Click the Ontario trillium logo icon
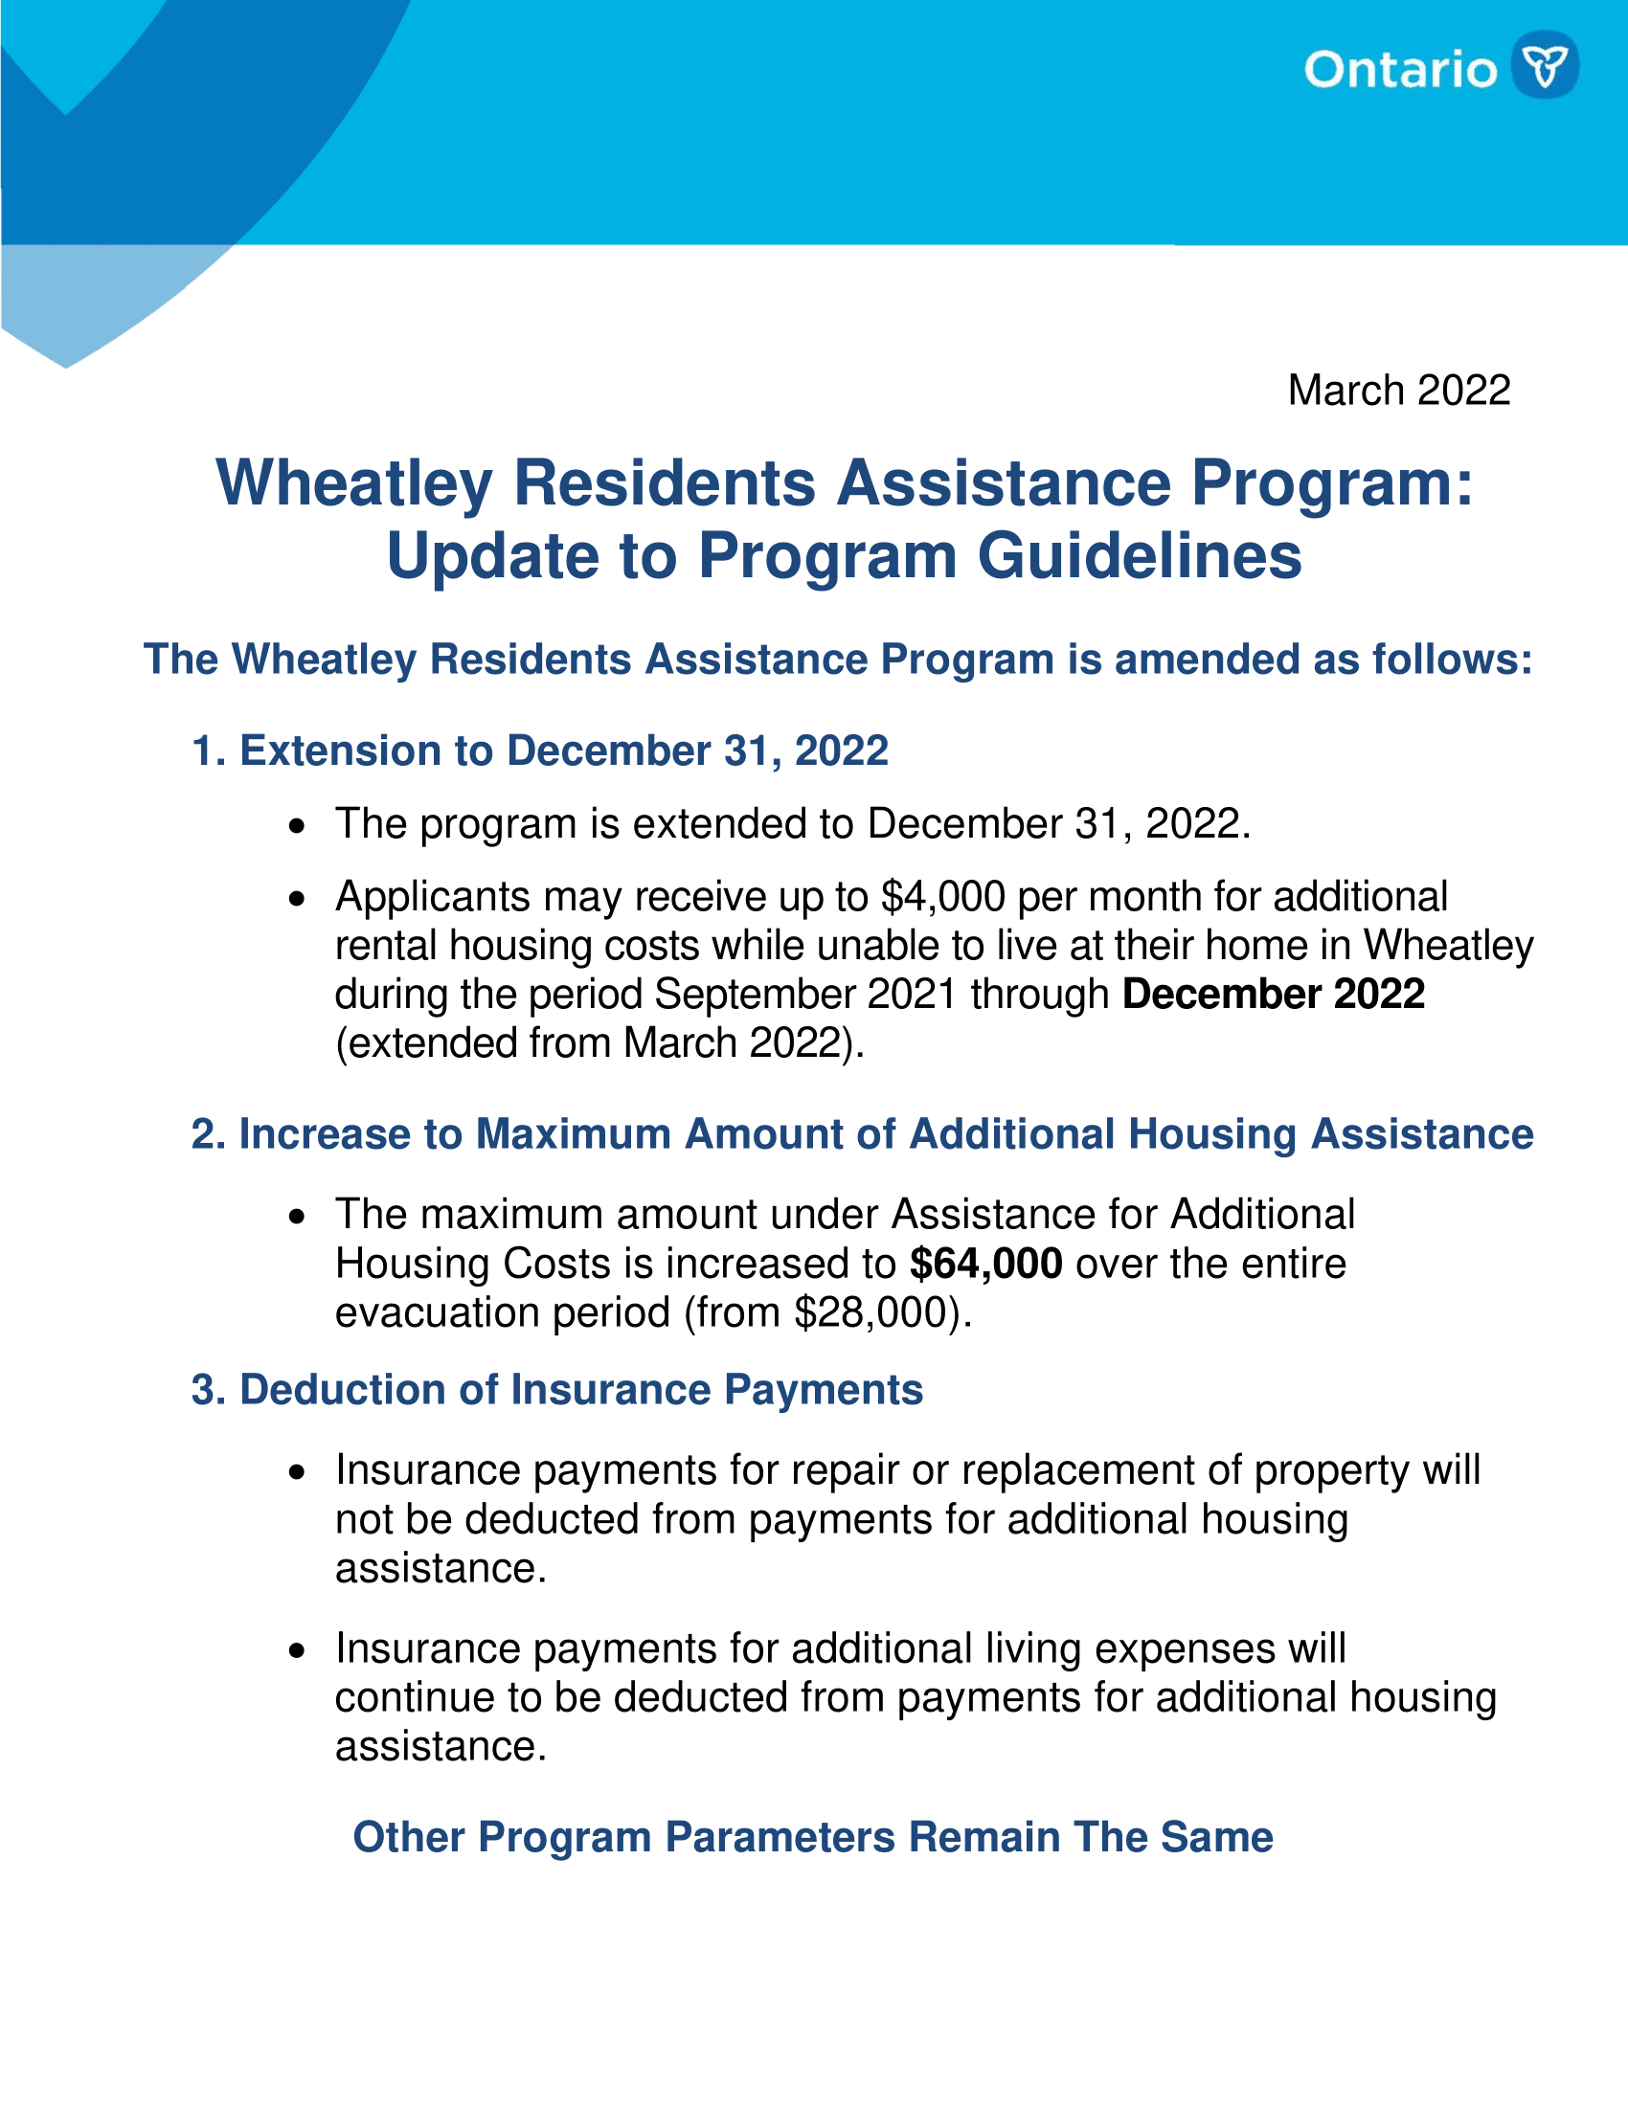(x=1544, y=64)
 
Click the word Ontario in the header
(x=1400, y=71)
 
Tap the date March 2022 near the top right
(x=1398, y=391)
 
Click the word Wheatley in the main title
(x=354, y=483)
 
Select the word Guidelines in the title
(x=1139, y=556)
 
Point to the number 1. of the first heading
(x=210, y=751)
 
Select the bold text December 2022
(x=1273, y=995)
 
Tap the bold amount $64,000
(x=985, y=1264)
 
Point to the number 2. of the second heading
(x=209, y=1134)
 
